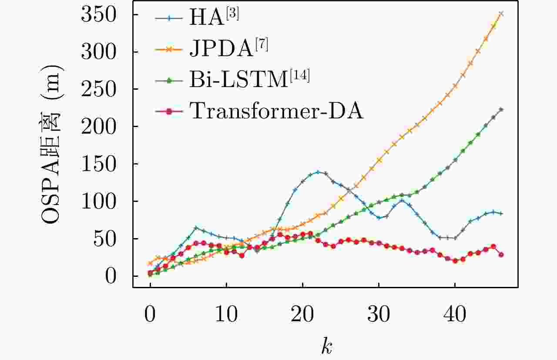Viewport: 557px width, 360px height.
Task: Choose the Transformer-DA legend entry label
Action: pos(276,111)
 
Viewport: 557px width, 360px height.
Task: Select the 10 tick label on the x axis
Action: pos(226,314)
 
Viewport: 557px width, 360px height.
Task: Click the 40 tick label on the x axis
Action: pos(455,314)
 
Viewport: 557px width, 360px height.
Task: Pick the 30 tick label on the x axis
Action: pos(379,314)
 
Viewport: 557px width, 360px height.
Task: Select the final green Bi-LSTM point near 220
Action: pos(501,110)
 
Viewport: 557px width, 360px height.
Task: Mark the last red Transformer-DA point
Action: pos(501,255)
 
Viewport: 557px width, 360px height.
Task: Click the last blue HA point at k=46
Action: pos(501,213)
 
